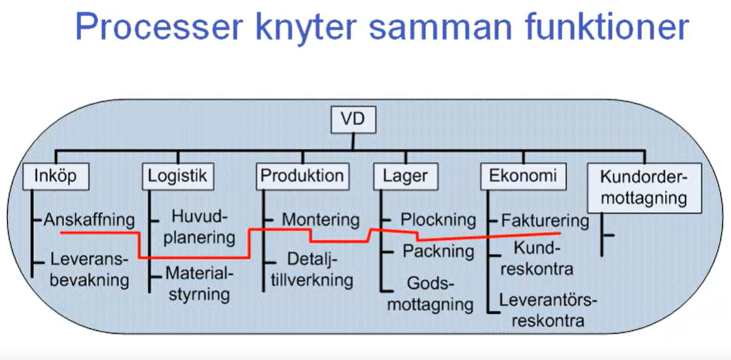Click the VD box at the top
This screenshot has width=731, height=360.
tap(354, 121)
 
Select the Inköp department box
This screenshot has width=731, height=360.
tap(55, 176)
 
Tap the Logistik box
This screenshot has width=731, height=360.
tap(177, 176)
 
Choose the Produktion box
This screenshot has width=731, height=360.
tap(302, 176)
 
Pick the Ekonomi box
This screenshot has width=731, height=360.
tap(523, 176)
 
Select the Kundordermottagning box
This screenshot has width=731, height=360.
tap(644, 188)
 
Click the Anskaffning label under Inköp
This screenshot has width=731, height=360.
tap(89, 221)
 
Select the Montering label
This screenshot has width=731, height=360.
tap(321, 221)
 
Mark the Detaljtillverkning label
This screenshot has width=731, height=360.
tap(311, 270)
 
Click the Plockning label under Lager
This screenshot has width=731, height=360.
tap(438, 221)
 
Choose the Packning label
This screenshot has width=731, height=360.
tap(438, 251)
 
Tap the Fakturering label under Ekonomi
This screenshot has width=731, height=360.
tap(545, 221)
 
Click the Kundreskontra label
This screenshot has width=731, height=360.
tap(537, 258)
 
